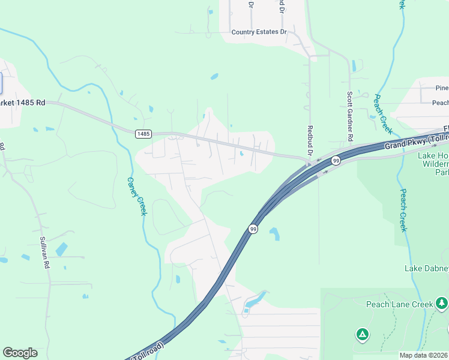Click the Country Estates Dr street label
259,32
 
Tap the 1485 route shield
143,133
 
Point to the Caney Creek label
137,196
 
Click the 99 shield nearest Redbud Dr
336,160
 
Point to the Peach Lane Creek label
400,304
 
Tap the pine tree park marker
442,302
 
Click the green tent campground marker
362,334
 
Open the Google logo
20,353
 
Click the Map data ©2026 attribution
424,355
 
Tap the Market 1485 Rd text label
23,103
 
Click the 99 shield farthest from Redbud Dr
253,229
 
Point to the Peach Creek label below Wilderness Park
403,210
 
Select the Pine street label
442,88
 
